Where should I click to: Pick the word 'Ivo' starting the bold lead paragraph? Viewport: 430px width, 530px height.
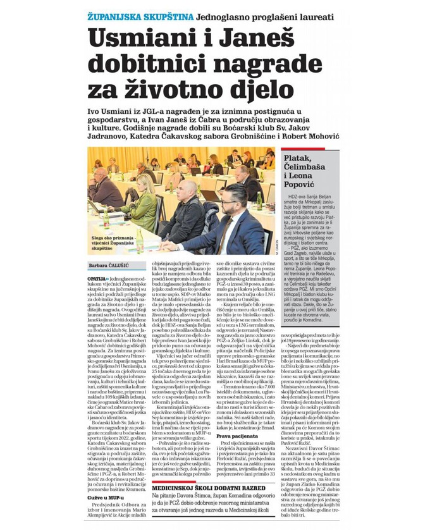[x=95, y=111]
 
